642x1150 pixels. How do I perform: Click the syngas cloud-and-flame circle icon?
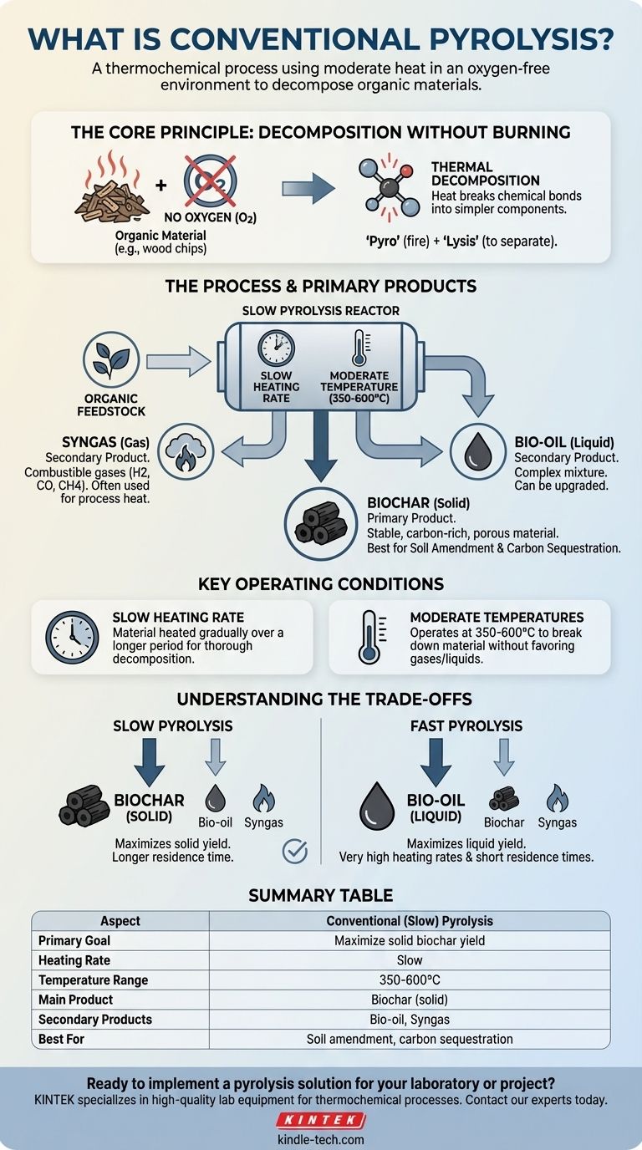click(x=186, y=449)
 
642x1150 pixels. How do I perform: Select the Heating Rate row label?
click(x=74, y=960)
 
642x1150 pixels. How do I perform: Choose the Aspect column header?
click(x=120, y=921)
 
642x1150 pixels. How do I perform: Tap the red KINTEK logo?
click(x=320, y=1120)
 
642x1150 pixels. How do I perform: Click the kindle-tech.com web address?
click(x=321, y=1139)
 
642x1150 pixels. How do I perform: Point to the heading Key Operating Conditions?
click(x=321, y=583)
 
